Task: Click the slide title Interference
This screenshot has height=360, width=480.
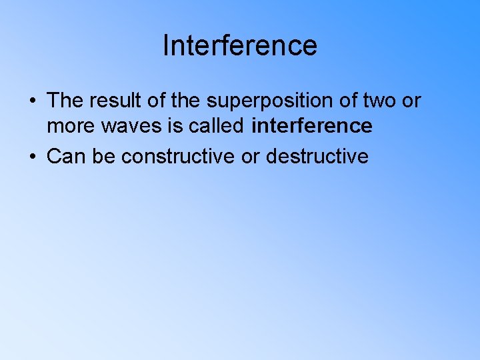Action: [x=240, y=46]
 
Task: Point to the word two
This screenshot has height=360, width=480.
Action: [x=381, y=101]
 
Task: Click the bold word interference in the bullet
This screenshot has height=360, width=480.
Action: [x=312, y=126]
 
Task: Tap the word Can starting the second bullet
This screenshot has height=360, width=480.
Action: [x=64, y=157]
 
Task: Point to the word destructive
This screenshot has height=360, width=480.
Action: [x=317, y=157]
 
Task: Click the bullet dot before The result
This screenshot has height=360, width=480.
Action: [x=32, y=101]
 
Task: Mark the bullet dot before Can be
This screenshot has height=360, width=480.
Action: [x=32, y=157]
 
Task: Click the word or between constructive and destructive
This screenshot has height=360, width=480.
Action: [x=251, y=157]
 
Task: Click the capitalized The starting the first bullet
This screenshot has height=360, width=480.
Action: [x=65, y=101]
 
